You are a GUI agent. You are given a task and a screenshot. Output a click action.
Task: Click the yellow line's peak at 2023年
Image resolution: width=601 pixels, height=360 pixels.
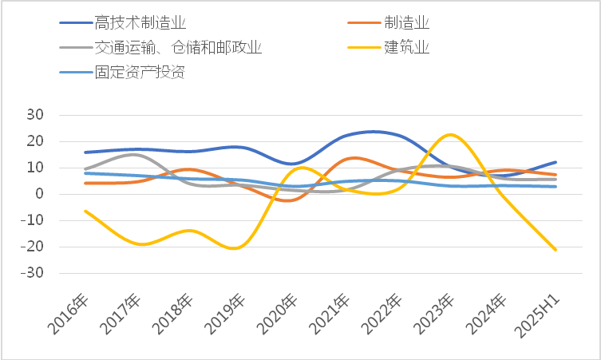(451, 135)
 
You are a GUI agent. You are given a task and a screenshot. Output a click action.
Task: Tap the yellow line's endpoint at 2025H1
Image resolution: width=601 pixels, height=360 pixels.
(556, 250)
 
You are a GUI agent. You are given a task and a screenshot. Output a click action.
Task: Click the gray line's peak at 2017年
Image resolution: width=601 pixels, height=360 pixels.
(136, 154)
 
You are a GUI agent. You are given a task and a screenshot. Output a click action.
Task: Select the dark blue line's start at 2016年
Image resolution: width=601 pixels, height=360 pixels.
(85, 152)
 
